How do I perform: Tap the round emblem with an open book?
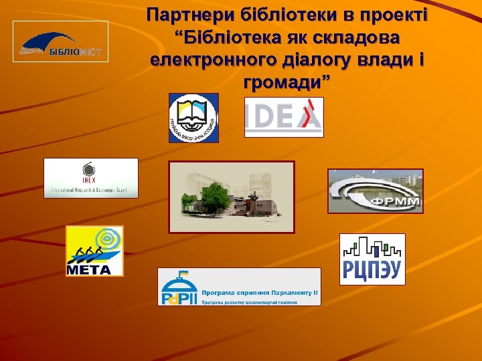193,117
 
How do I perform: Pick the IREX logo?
90,178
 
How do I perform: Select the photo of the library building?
231,197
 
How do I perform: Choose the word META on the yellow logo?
85,269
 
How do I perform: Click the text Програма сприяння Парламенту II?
260,292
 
